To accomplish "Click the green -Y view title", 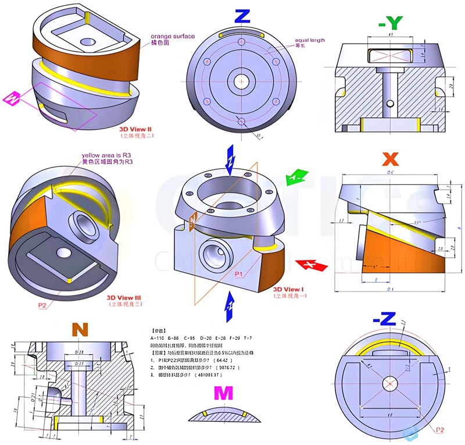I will click(391, 23).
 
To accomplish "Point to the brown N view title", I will click(80, 330).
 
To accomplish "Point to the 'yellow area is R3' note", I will click(107, 155).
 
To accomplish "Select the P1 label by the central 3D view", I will click(239, 272).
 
